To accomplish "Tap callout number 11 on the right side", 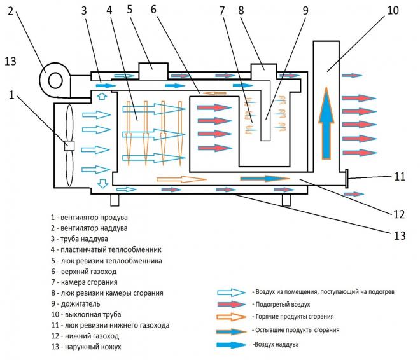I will click(x=399, y=176).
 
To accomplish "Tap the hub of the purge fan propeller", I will click(x=69, y=145).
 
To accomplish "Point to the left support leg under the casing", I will click(x=115, y=200).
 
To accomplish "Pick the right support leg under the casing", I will click(x=286, y=200).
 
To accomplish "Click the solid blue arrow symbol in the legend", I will click(x=230, y=344).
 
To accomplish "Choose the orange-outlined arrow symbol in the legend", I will click(x=230, y=316).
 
